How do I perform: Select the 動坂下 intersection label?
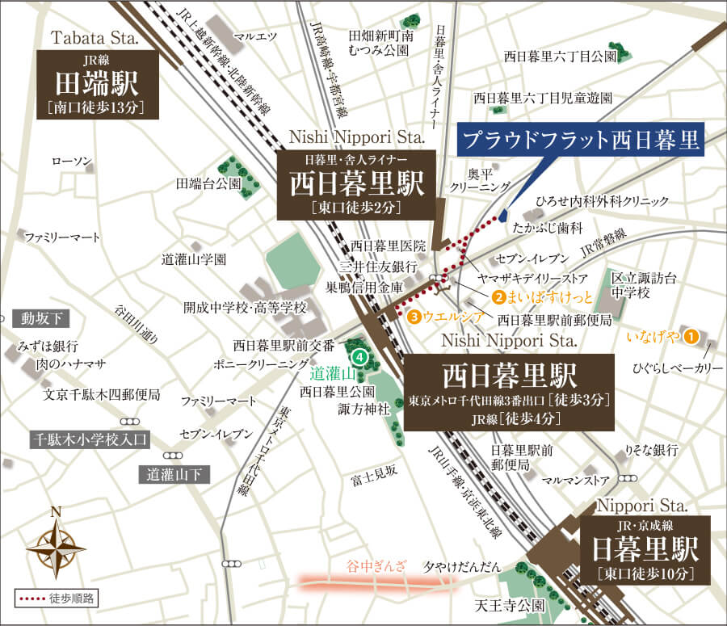(x=36, y=318)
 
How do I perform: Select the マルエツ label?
(x=254, y=36)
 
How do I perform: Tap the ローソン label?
(x=73, y=162)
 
